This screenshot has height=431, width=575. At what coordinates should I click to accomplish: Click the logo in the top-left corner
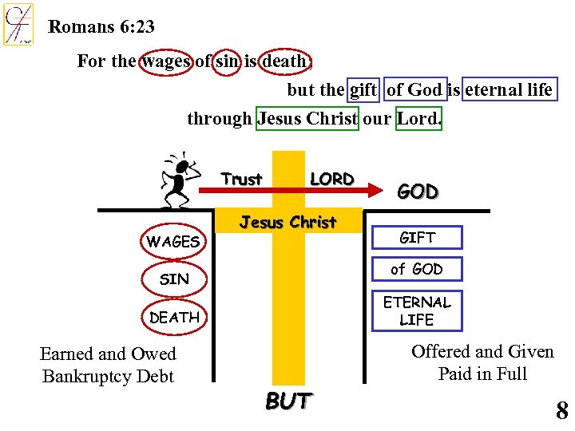pos(18,24)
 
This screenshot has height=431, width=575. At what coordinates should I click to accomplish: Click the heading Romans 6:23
pos(101,26)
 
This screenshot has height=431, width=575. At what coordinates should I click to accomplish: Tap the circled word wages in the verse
pos(166,61)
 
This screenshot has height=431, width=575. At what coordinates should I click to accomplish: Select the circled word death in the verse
pos(285,61)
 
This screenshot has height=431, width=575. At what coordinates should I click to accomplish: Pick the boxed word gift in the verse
pos(363,89)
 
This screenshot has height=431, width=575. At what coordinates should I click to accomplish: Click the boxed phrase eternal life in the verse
pos(510,89)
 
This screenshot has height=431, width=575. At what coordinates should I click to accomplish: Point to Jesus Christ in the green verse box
pos(307,119)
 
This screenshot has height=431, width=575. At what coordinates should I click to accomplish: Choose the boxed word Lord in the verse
pos(418,119)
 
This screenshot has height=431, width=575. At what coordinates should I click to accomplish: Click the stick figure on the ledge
pos(180,181)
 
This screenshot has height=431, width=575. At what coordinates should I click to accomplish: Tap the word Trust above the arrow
pos(241,179)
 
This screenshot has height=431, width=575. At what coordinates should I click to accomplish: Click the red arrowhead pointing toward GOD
pos(374,190)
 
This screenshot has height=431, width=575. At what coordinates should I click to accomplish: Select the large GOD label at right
pos(418,192)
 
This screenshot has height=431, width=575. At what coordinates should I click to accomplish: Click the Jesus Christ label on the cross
pos(288,222)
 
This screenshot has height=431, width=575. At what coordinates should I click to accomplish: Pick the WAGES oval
pos(173,241)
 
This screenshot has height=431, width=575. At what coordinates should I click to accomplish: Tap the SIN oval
pos(174,279)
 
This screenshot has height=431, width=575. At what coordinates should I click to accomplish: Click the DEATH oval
pos(174,317)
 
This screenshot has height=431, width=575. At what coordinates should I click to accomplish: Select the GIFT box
pos(417,238)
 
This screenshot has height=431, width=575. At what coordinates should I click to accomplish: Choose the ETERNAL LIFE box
pos(417,310)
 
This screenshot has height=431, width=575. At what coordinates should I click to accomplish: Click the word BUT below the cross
pos(288,401)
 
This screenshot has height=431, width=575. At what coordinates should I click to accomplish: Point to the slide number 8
pos(561,411)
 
